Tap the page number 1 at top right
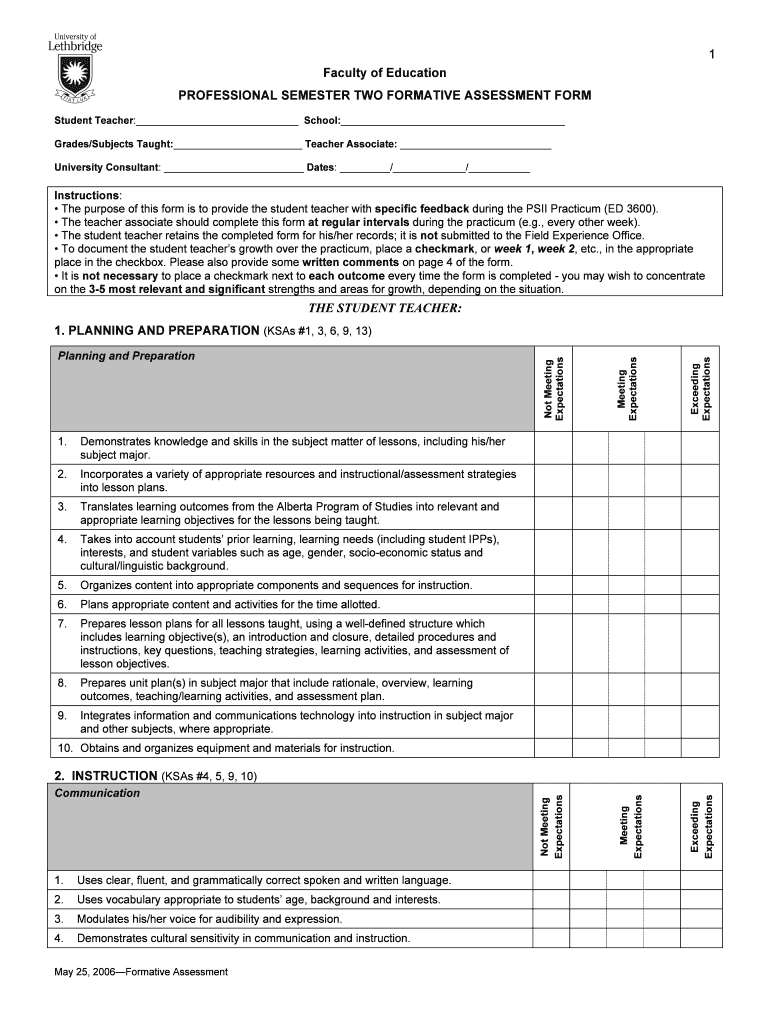[712, 54]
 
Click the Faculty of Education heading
[384, 73]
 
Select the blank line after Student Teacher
[216, 121]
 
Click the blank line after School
[452, 121]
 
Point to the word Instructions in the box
[87, 195]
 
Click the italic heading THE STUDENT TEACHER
[384, 309]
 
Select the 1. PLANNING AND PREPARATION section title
[157, 330]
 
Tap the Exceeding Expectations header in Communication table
[701, 826]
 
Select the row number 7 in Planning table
[62, 623]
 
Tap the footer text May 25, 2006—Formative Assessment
[141, 972]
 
